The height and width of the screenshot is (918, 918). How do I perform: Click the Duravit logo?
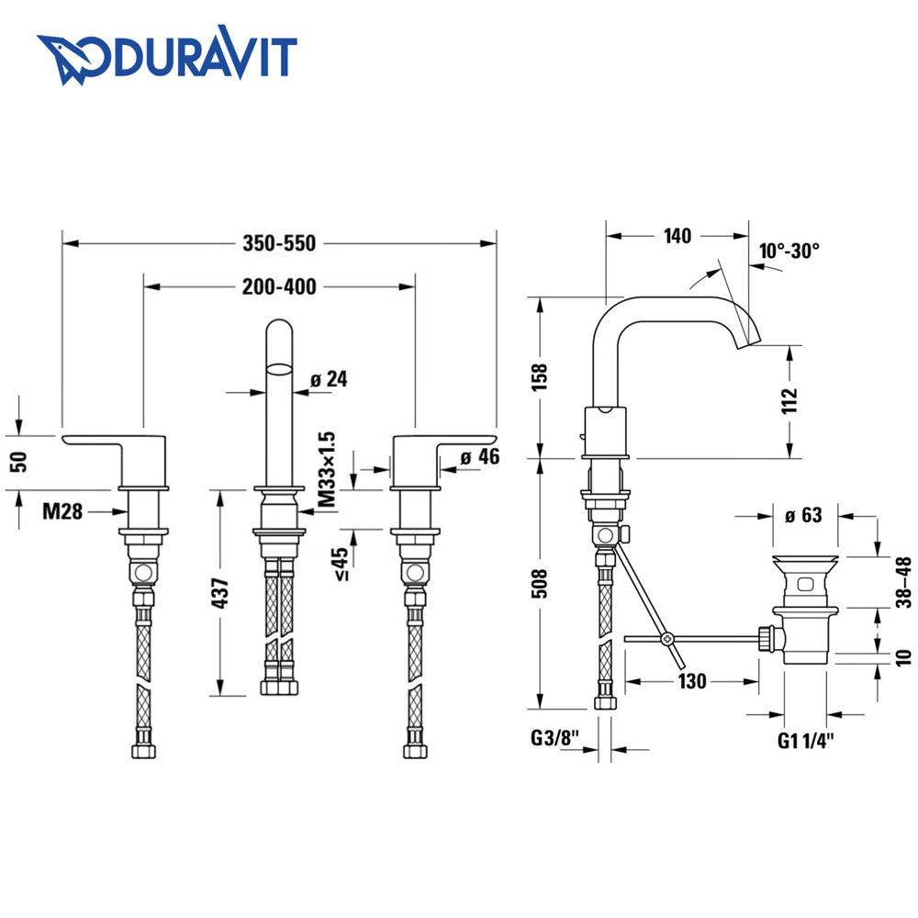[x=166, y=56]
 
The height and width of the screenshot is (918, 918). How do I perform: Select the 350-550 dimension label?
[x=279, y=243]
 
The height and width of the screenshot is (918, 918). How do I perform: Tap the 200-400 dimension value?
[x=279, y=287]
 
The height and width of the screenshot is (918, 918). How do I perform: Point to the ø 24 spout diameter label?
[x=329, y=378]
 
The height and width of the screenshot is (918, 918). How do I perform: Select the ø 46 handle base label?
[x=480, y=456]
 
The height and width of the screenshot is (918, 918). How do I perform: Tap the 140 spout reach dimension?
[x=677, y=236]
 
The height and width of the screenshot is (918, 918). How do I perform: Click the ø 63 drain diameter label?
[x=805, y=515]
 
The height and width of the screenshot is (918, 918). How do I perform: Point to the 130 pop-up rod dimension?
[x=693, y=681]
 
